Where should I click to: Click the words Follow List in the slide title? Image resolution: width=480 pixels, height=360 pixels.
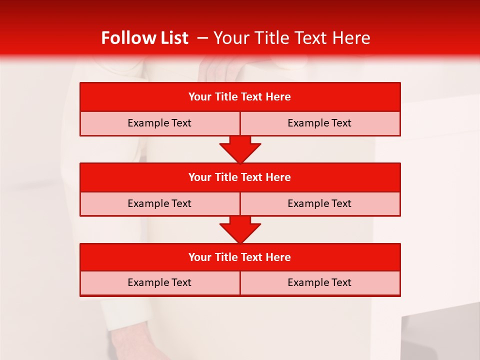pyautogui.click(x=144, y=38)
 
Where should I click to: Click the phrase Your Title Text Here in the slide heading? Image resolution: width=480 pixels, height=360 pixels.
pyautogui.click(x=291, y=38)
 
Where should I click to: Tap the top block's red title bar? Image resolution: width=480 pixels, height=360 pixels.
pyautogui.click(x=240, y=97)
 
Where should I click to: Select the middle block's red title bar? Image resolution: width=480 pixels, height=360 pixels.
pyautogui.click(x=240, y=177)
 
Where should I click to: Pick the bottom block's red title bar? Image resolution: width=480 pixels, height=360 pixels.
pyautogui.click(x=240, y=257)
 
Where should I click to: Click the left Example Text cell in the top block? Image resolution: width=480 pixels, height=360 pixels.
pyautogui.click(x=159, y=123)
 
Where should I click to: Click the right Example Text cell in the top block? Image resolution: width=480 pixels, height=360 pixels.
pyautogui.click(x=319, y=123)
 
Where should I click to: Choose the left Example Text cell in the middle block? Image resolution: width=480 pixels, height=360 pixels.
pyautogui.click(x=159, y=203)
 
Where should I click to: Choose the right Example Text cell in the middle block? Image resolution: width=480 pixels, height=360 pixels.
pyautogui.click(x=319, y=203)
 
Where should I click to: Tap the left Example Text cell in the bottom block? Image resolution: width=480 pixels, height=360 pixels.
pyautogui.click(x=159, y=282)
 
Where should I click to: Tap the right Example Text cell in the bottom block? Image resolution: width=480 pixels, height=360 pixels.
pyautogui.click(x=319, y=282)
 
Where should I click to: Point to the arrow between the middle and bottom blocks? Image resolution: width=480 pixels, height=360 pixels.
pyautogui.click(x=240, y=229)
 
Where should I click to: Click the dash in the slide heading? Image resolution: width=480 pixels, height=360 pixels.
pyautogui.click(x=202, y=38)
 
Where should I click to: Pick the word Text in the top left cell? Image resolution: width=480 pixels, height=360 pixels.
pyautogui.click(x=181, y=123)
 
